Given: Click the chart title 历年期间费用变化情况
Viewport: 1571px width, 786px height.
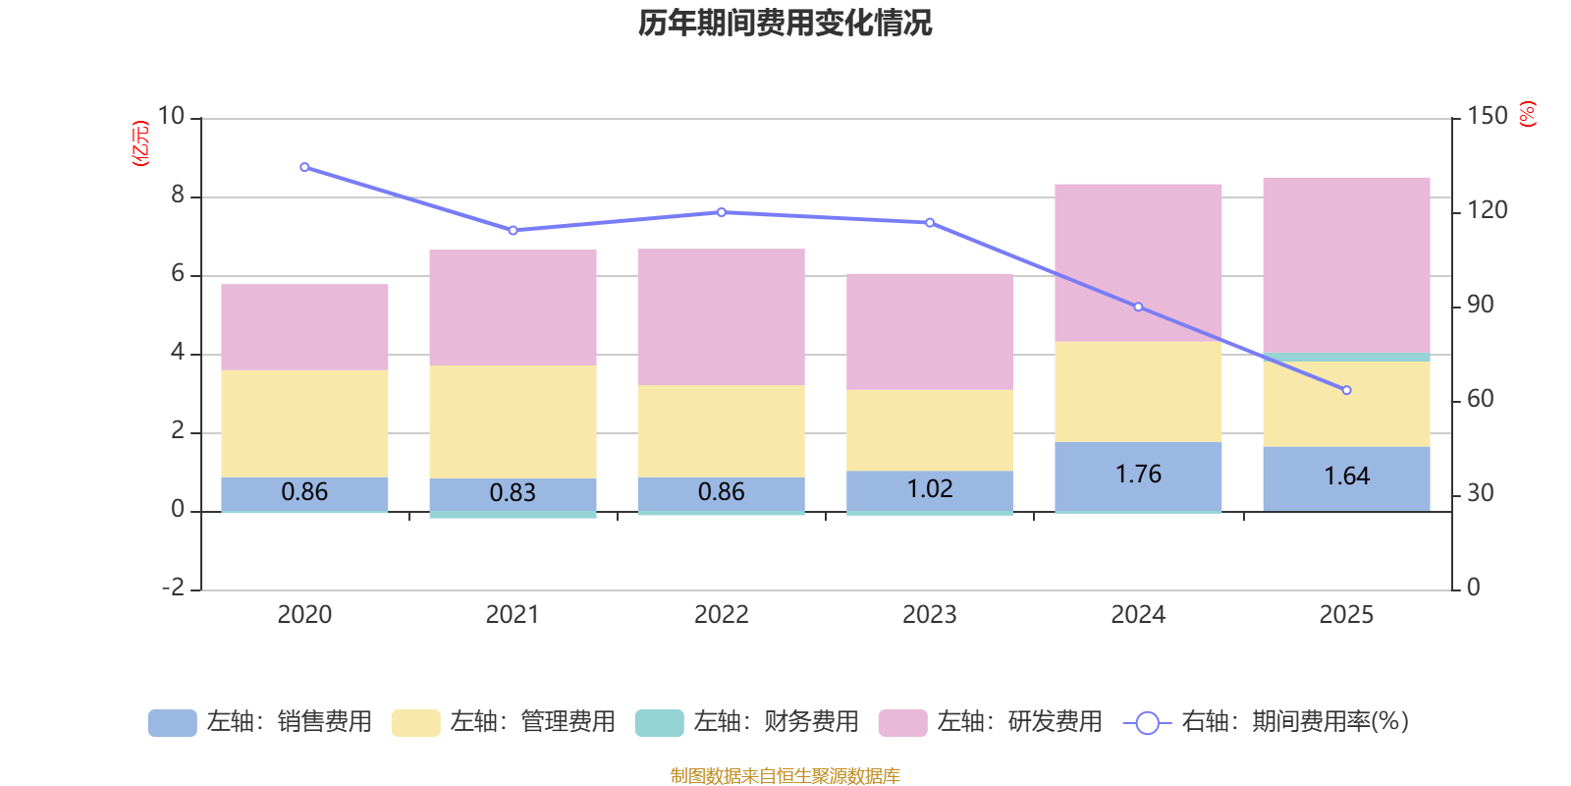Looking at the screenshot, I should pos(785,23).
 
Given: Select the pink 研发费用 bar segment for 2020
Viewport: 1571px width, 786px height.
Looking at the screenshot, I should pos(304,327).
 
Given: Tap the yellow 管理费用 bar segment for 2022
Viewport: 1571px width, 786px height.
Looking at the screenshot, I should pos(721,430).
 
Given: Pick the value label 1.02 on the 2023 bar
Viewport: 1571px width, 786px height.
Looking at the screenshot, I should pos(929,489).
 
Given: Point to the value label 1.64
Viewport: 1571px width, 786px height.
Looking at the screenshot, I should pos(1346,477).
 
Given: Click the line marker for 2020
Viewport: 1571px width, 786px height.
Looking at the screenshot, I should pos(304,167).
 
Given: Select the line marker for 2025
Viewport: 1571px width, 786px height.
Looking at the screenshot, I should pos(1346,390).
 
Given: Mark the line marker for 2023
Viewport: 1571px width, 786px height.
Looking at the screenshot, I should pos(930,222).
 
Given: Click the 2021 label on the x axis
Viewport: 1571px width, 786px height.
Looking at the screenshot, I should pos(513,615).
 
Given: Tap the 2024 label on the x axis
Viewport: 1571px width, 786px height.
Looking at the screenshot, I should pos(1138,615).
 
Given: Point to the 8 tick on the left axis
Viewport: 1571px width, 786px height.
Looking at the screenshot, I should pos(178,196).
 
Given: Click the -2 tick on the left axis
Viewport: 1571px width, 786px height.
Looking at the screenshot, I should pos(173,588).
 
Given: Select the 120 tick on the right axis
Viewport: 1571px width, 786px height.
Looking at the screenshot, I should pos(1488,210).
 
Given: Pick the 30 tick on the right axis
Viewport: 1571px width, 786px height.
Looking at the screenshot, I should pos(1481,493).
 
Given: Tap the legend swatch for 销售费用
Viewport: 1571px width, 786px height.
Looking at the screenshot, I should pos(172,723).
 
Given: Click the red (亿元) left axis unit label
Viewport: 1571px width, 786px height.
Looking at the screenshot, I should pos(140,143).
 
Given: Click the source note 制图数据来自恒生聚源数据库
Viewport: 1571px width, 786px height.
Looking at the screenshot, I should pos(785,776).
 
